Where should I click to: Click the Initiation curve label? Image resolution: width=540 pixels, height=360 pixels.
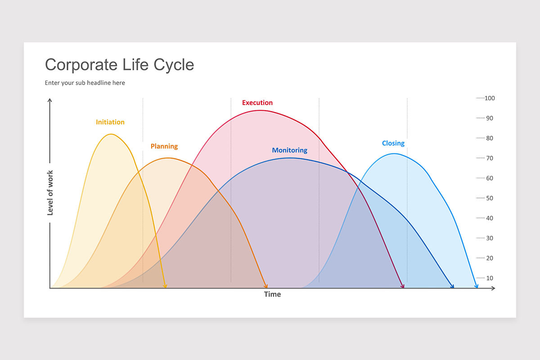pos(110,122)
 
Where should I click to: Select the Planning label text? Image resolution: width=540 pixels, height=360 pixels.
pos(164,146)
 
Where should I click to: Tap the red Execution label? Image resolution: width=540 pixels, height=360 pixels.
pos(257,103)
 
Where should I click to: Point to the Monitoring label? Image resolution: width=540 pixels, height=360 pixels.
pos(289,150)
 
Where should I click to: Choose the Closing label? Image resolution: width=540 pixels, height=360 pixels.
pos(393,143)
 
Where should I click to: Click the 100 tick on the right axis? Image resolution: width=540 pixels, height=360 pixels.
pos(490,98)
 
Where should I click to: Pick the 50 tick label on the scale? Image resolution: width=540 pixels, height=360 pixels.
pos(490,198)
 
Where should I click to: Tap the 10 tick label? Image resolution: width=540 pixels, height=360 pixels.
pos(490,278)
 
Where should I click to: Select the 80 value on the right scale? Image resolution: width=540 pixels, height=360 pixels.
pos(490,138)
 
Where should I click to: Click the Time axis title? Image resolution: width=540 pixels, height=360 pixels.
pos(272,294)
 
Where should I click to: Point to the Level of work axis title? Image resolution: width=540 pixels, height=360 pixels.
pos(50,193)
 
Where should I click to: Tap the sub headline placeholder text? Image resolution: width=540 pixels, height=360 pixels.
pos(85,83)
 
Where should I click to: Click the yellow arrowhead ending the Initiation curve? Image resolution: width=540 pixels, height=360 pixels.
pos(165,286)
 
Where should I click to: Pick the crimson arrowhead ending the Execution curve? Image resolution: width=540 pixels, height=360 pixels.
pos(403,286)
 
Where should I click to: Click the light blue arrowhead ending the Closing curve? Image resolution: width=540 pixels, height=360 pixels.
pos(477,286)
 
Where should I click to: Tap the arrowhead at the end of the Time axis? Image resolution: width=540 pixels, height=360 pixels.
pos(493,288)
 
